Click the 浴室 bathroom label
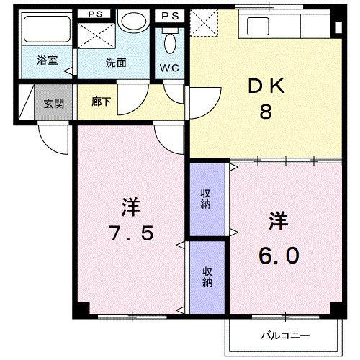click(x=48, y=62)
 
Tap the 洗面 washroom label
click(x=116, y=63)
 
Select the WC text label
click(x=169, y=68)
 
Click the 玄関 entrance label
click(x=53, y=104)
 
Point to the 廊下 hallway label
click(x=102, y=103)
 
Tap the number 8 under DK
click(x=265, y=112)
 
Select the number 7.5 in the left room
click(x=130, y=234)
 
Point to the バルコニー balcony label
click(x=285, y=336)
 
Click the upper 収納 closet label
click(x=206, y=197)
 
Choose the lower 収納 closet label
click(x=207, y=276)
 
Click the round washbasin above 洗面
click(x=132, y=22)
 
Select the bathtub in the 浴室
click(x=44, y=32)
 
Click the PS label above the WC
click(x=171, y=14)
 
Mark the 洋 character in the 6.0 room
click(x=279, y=220)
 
